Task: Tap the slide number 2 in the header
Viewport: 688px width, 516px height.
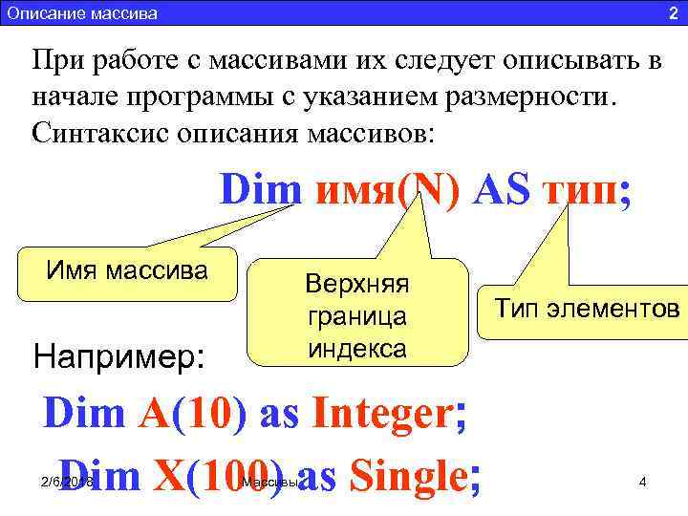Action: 672,13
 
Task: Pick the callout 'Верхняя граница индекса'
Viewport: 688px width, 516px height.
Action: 355,315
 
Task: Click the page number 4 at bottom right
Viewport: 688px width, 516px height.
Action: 643,482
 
